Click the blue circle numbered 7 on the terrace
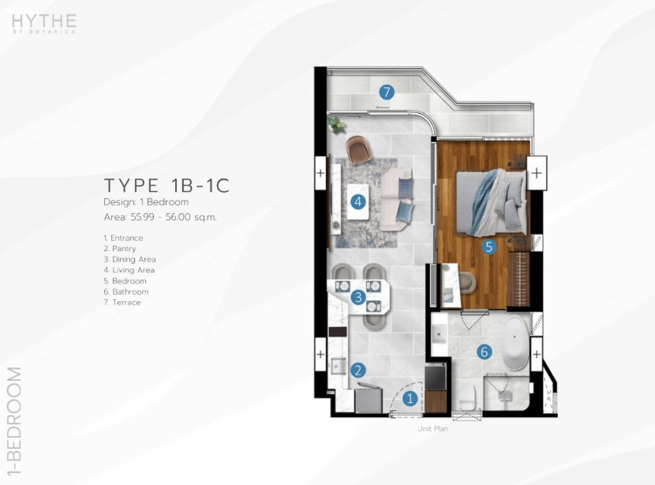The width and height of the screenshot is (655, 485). [387, 92]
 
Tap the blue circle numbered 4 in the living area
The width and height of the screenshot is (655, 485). [357, 202]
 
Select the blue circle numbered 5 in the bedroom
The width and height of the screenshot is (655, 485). [488, 246]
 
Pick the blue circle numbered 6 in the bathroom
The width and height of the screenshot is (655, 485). [485, 352]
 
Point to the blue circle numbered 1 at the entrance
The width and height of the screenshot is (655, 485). [410, 398]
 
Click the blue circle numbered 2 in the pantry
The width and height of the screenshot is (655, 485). [358, 370]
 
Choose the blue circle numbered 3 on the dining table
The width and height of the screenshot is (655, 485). [358, 297]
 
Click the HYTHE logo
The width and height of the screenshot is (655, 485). [44, 24]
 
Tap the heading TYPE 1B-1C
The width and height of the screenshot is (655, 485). [167, 185]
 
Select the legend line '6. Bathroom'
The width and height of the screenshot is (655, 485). [126, 291]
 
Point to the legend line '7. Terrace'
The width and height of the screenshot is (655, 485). [122, 303]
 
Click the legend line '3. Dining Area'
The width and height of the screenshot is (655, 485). [129, 259]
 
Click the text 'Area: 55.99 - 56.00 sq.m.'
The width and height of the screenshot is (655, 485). [160, 217]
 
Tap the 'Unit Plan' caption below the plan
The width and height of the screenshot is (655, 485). [432, 429]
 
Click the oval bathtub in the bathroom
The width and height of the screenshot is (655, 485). [515, 343]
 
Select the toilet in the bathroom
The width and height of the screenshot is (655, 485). [467, 397]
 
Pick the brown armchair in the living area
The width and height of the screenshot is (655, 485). [358, 149]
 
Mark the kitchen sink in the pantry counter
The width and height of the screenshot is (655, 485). [338, 367]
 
